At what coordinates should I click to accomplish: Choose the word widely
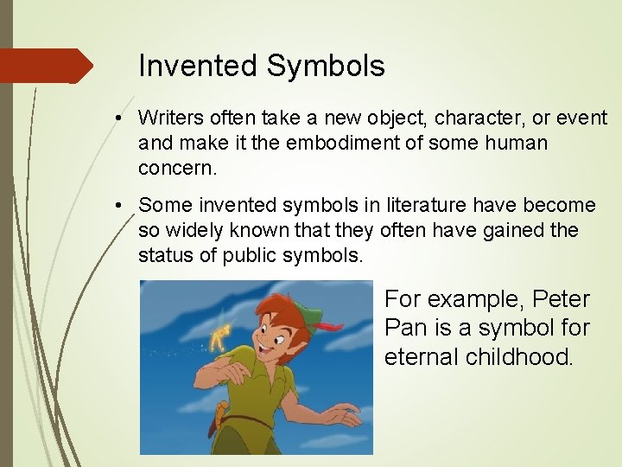pos(200,231)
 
